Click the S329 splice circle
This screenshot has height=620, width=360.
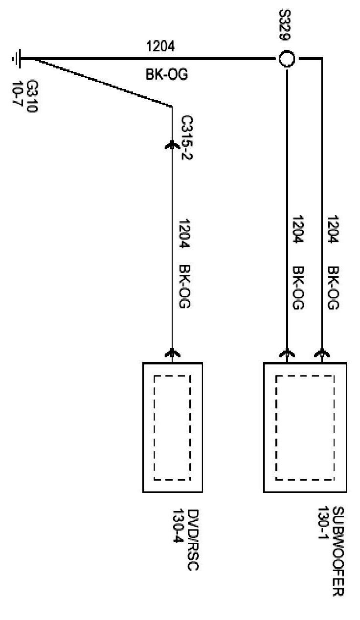coord(287,60)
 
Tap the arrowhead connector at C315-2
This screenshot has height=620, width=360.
coord(172,144)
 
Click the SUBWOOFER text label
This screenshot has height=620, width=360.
coord(337,552)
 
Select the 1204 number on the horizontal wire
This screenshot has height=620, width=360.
coord(160,46)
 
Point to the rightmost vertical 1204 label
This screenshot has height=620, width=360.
coord(333,229)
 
